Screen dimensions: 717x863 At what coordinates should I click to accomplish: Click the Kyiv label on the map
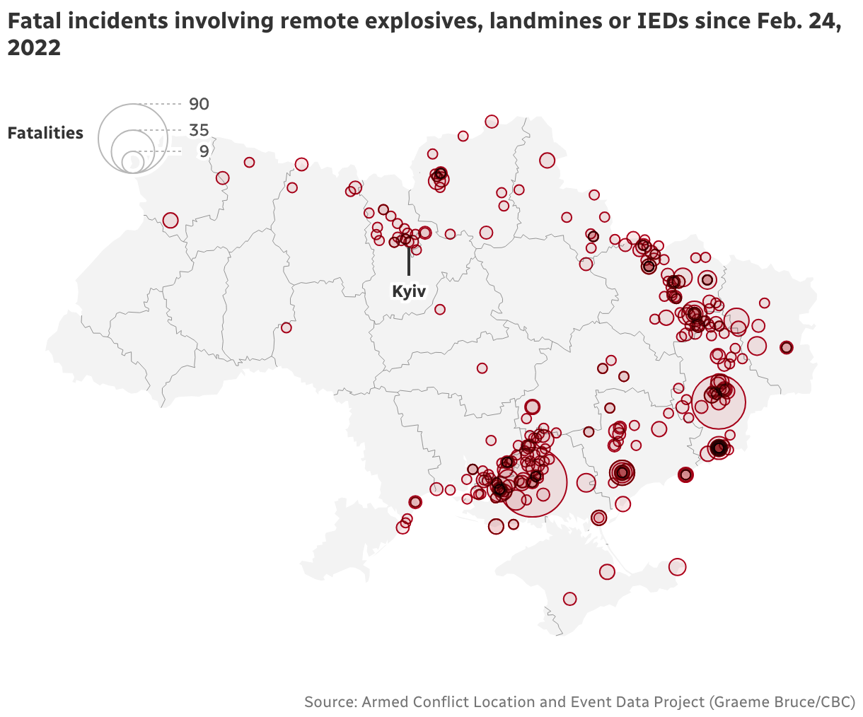pos(409,291)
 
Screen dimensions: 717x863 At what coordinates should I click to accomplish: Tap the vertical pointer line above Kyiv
pos(408,262)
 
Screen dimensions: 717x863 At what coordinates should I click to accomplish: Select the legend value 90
pos(199,105)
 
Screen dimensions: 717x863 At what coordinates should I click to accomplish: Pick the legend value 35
pos(199,130)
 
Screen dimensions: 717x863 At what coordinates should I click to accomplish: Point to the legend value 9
pos(204,151)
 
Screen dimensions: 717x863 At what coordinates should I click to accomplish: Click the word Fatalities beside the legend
pos(45,133)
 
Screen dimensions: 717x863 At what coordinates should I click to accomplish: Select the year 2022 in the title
pos(33,49)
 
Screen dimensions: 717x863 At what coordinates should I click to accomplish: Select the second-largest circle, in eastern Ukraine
pos(719,402)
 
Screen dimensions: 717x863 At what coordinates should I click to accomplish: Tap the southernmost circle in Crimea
pos(569,599)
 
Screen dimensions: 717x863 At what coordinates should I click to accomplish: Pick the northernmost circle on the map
pos(492,122)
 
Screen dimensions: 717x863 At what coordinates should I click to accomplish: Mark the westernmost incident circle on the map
pos(170,221)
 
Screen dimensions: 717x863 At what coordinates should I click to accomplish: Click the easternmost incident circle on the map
pos(786,347)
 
